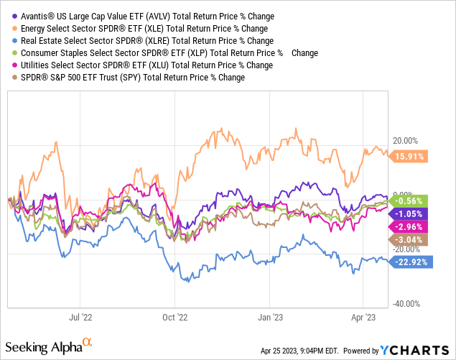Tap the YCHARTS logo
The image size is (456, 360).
coord(415,351)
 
